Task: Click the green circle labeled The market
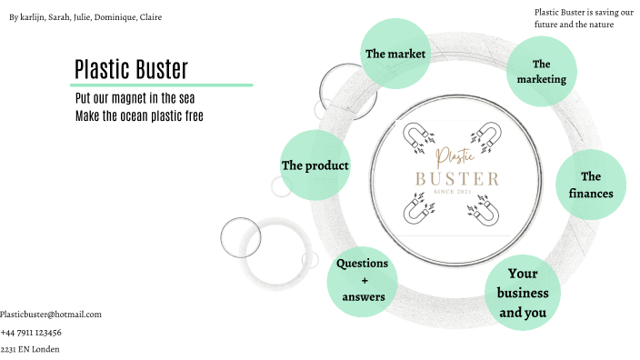pos(395,54)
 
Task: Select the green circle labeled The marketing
pos(542,71)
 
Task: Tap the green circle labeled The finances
pos(591,185)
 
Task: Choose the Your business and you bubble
pos(523,293)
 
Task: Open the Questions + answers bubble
pos(363,280)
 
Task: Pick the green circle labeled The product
pos(315,165)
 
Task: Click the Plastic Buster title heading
pos(131,69)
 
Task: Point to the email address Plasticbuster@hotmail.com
pos(51,315)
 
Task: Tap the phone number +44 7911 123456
pos(31,332)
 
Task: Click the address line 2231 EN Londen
pos(30,349)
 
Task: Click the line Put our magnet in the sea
pos(135,98)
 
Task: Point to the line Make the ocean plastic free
pos(139,115)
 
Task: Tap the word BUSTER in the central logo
pos(456,178)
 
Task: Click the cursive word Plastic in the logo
pos(455,156)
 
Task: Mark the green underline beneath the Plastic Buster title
pos(163,85)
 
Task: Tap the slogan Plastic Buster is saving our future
pos(577,18)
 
